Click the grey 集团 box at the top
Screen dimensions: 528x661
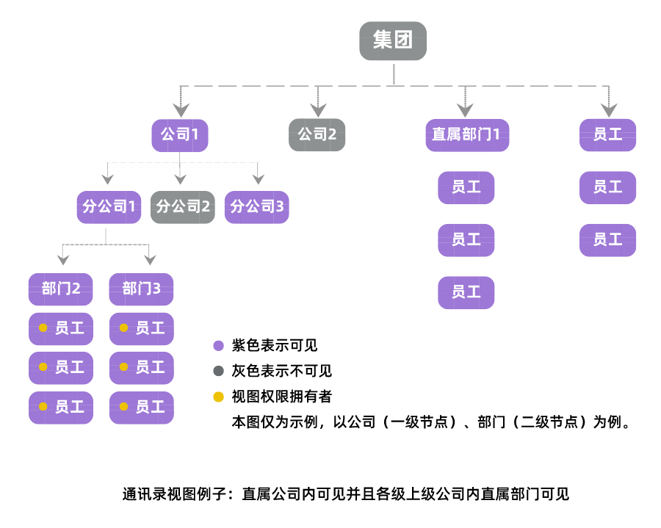(x=393, y=40)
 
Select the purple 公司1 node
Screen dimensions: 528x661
(x=180, y=135)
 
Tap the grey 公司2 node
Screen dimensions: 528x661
(x=317, y=135)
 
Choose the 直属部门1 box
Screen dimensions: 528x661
(x=466, y=135)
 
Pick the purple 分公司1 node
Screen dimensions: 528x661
(x=109, y=207)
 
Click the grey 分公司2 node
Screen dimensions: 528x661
(x=183, y=207)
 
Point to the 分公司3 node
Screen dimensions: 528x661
(x=256, y=207)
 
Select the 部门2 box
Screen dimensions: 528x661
(x=61, y=289)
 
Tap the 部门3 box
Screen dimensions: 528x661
(x=142, y=289)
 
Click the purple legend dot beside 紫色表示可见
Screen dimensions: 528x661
(x=218, y=346)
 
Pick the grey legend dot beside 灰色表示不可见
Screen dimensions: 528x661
(x=218, y=372)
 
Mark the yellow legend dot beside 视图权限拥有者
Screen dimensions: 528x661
(x=218, y=397)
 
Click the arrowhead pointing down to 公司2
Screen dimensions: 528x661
(x=317, y=110)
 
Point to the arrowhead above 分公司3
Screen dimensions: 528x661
(x=257, y=178)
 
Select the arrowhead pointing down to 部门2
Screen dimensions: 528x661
(x=63, y=258)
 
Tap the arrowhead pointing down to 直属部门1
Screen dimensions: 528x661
(x=464, y=110)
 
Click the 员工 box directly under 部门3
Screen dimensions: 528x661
(x=142, y=328)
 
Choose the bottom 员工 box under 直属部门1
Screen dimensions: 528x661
(x=466, y=292)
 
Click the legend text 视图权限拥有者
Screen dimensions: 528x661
(x=282, y=397)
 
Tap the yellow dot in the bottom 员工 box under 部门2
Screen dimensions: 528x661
(x=43, y=406)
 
